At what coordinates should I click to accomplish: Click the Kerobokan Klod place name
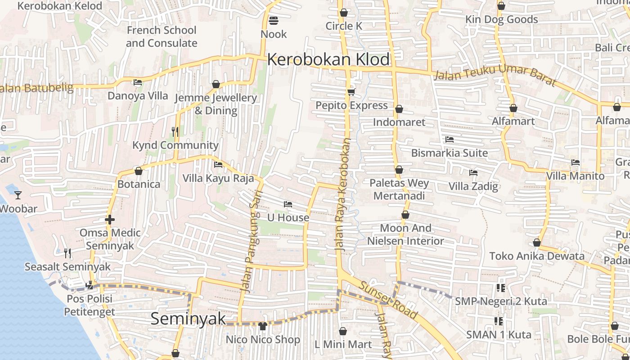[328, 59]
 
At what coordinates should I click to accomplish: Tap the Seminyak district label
[188, 319]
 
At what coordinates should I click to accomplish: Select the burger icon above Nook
[273, 20]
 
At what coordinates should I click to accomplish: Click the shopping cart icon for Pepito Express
[351, 92]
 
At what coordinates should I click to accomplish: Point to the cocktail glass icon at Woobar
[18, 195]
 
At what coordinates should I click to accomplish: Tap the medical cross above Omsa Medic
[110, 220]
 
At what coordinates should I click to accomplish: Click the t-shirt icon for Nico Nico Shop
[263, 325]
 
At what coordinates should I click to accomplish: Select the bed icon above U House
[288, 204]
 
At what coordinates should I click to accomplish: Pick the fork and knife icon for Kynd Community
[175, 131]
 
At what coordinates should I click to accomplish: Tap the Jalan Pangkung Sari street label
[249, 247]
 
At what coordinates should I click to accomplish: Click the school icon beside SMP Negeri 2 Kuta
[500, 288]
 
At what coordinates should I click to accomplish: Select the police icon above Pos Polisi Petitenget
[90, 285]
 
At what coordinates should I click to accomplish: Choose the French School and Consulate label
[162, 36]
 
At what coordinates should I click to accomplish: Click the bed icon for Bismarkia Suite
[449, 139]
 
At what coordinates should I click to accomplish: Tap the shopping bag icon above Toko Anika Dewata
[536, 243]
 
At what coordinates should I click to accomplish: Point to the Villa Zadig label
[473, 186]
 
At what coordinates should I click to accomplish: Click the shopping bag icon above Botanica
[139, 171]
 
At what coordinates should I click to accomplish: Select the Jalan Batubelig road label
[36, 88]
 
